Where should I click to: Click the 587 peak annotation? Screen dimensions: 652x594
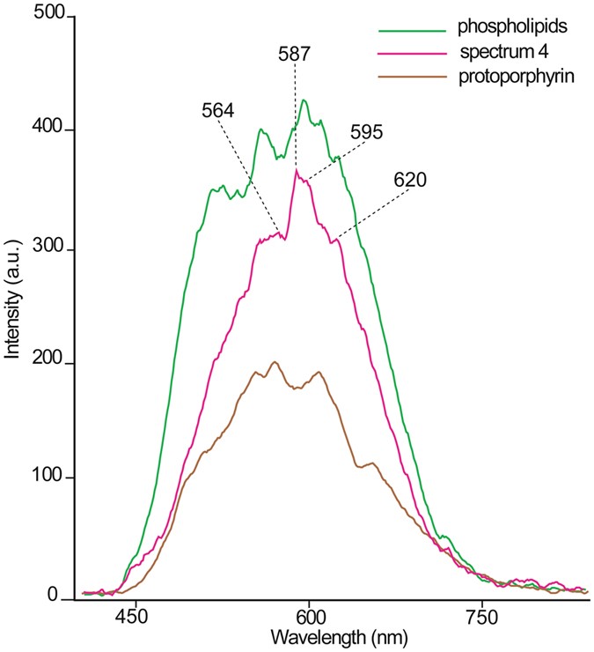tap(294, 54)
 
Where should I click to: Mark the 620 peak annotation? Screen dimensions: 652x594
tap(411, 181)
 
